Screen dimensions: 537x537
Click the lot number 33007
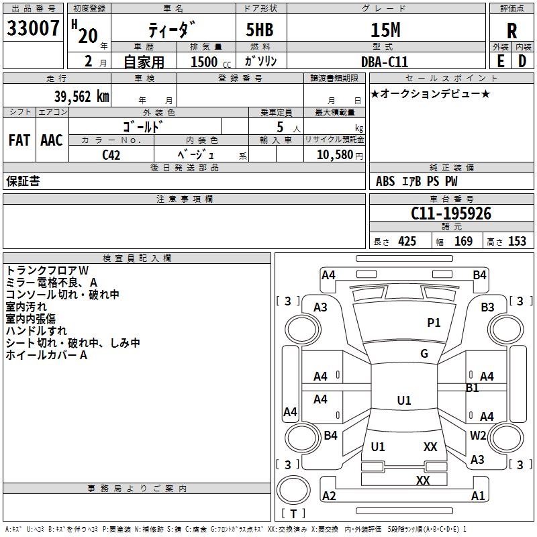click(x=33, y=29)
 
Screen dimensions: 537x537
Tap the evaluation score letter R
click(x=511, y=31)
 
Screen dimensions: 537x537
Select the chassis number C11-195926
click(x=451, y=213)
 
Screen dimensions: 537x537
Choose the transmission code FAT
click(x=19, y=140)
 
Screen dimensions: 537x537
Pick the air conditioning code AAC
click(x=52, y=140)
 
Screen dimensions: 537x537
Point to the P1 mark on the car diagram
click(x=434, y=323)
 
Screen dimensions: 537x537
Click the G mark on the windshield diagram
click(x=424, y=354)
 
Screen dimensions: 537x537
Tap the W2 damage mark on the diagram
click(x=478, y=435)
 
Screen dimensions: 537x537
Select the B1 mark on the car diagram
click(x=473, y=388)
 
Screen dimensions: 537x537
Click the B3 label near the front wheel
click(x=487, y=307)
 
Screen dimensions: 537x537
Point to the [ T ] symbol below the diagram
click(x=293, y=514)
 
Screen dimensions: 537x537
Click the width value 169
click(x=464, y=241)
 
